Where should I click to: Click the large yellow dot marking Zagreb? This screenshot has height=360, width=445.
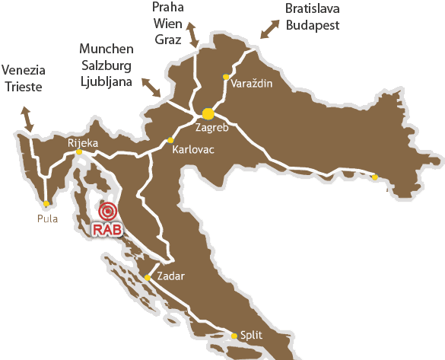(207, 113)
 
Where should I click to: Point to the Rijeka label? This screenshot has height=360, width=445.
(82, 142)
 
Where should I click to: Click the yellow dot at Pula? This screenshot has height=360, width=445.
(47, 203)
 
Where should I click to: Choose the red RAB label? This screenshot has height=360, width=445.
(107, 229)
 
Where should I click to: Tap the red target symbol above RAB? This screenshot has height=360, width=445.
(108, 211)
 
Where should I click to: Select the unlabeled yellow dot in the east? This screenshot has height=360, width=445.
(374, 177)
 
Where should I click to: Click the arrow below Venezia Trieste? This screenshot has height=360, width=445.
(29, 119)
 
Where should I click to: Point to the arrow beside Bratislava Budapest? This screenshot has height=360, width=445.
(270, 28)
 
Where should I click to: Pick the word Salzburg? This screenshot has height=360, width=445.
(106, 65)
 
